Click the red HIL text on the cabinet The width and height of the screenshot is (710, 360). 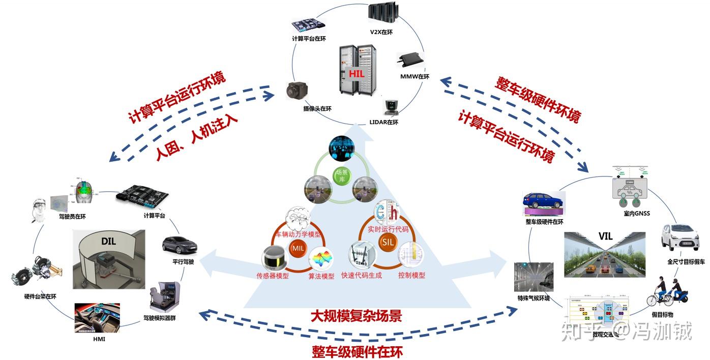point(357,73)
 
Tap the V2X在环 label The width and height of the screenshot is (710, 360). point(381,33)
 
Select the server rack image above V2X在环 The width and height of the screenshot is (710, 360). point(382,14)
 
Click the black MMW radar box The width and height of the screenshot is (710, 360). point(411,60)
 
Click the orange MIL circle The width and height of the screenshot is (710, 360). point(298,248)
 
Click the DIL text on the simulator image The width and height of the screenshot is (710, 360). point(108,241)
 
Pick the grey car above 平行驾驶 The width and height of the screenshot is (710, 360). point(179,246)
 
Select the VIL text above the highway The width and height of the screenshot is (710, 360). point(605,237)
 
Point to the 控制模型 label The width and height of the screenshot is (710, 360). point(411,275)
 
